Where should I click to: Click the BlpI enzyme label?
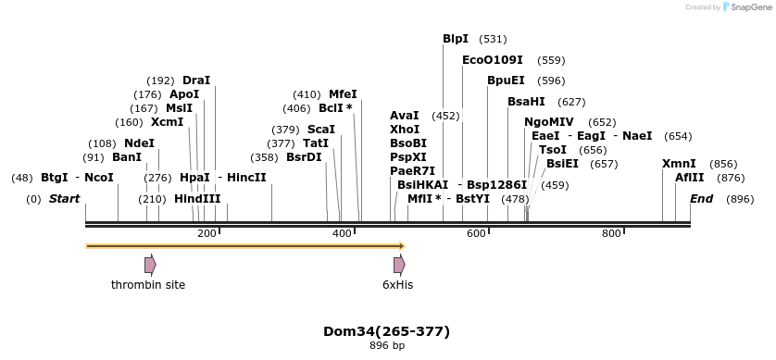tap(456, 39)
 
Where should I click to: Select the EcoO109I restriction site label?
tap(492, 60)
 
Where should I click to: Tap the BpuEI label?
tap(506, 81)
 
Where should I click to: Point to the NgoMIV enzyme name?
tap(549, 122)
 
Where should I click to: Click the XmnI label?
tap(679, 164)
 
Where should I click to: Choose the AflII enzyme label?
tap(689, 178)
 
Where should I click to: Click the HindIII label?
tap(197, 199)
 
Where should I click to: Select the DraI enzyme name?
tap(196, 81)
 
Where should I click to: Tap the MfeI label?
tap(343, 94)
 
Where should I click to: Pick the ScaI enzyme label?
tap(320, 130)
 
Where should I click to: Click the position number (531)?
tap(493, 39)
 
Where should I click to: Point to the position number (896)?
tap(740, 199)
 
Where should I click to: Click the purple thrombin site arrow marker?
tap(150, 265)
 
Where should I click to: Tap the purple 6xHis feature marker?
tap(399, 265)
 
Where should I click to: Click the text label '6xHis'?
tap(398, 285)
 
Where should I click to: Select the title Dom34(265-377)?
tap(386, 330)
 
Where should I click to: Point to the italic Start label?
tap(64, 199)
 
